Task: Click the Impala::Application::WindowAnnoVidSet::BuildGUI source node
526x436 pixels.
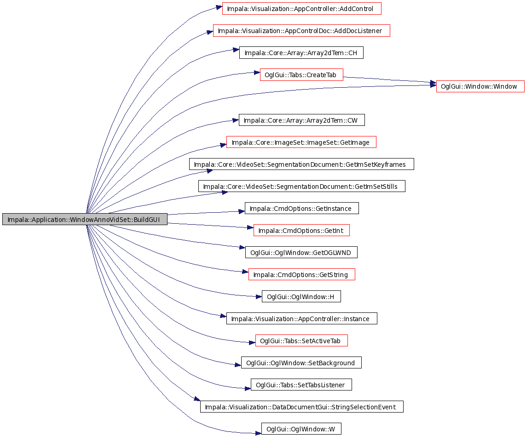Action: click(85, 219)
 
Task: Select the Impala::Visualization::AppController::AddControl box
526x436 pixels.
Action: click(301, 9)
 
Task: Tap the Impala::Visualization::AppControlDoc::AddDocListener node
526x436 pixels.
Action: click(301, 31)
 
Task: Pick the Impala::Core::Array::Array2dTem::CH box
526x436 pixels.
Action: click(301, 53)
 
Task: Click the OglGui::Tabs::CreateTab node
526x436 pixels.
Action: click(301, 75)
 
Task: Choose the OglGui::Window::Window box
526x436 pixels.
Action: click(480, 86)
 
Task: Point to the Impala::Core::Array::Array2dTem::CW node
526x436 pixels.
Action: click(301, 120)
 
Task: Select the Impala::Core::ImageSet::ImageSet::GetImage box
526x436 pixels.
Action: click(301, 142)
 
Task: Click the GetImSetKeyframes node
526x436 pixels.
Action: click(301, 164)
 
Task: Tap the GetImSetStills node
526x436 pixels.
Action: click(301, 187)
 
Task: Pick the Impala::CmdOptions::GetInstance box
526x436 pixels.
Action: click(301, 208)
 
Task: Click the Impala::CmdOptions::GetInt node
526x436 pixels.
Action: click(301, 230)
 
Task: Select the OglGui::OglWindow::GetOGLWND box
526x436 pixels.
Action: click(301, 253)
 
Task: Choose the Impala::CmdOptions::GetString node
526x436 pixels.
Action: click(301, 275)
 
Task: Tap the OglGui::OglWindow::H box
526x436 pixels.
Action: click(301, 297)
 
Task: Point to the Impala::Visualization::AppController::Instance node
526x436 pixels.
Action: click(301, 319)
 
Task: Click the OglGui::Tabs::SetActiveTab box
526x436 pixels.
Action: click(301, 341)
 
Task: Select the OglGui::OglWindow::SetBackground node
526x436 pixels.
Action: click(301, 362)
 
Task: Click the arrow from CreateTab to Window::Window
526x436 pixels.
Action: click(389, 79)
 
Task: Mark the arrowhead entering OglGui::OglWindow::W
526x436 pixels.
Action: click(258, 433)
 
